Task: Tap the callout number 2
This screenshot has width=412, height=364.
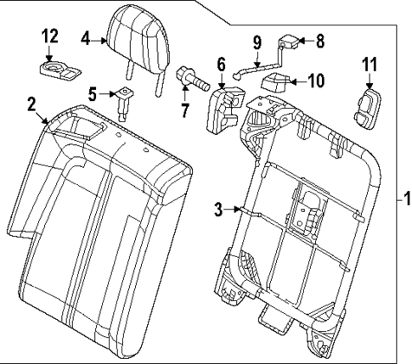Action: point(31,104)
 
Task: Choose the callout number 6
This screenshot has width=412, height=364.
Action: point(221,64)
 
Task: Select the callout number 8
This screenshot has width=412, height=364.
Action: point(320,39)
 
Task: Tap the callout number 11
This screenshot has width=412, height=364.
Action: point(370,63)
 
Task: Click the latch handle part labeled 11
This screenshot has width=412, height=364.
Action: point(368,108)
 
